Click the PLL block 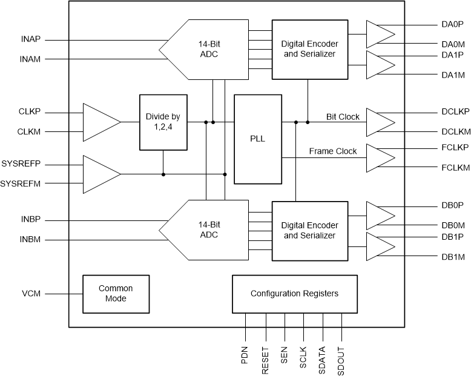tap(258, 139)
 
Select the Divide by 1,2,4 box tap(163, 122)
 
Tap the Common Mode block tap(116, 294)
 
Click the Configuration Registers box tap(294, 294)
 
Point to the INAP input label tap(31, 41)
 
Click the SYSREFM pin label tap(21, 183)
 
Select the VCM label tap(31, 294)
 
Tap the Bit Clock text tap(343, 116)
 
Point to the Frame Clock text tap(333, 151)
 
